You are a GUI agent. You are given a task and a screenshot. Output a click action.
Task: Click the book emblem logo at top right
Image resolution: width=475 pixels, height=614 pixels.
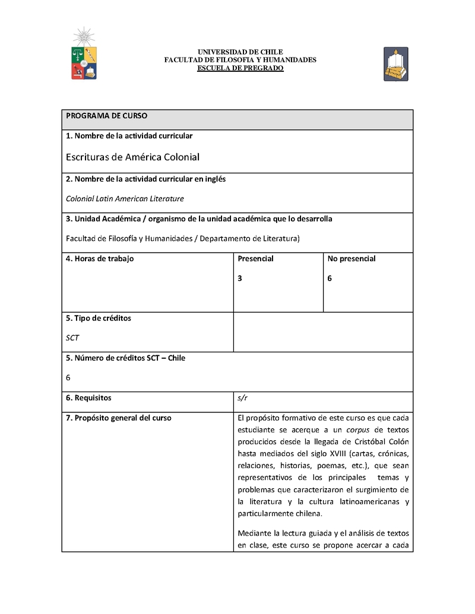(x=395, y=64)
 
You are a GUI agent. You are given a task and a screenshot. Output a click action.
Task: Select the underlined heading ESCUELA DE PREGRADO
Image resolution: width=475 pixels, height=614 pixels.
(x=240, y=68)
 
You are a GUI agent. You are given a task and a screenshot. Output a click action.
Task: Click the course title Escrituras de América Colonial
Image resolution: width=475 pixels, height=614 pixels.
(x=132, y=157)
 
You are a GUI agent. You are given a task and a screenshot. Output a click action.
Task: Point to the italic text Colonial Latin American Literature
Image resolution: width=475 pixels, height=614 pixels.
(x=125, y=199)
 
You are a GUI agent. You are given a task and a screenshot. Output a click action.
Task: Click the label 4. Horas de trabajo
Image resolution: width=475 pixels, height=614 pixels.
(x=100, y=259)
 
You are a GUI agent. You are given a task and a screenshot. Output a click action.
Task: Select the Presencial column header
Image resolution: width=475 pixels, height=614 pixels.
(x=255, y=259)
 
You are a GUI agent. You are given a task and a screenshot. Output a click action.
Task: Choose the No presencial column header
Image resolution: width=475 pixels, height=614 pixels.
(x=351, y=259)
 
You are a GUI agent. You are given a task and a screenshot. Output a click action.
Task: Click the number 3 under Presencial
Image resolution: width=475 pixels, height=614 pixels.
(x=240, y=278)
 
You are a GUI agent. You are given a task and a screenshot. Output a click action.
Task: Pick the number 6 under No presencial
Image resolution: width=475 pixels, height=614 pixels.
(x=330, y=278)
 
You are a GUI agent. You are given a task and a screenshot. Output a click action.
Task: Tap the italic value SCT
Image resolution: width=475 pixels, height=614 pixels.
(x=72, y=338)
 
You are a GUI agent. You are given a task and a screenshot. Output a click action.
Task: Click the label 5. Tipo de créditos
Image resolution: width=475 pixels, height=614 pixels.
(x=99, y=318)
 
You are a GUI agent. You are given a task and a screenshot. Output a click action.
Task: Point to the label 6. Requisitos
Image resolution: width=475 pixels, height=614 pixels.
(x=88, y=397)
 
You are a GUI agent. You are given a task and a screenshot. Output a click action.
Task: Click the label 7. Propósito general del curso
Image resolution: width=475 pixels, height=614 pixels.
(x=118, y=418)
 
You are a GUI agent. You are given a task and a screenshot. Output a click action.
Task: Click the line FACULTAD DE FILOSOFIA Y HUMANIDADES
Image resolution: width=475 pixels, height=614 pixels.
(x=240, y=60)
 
